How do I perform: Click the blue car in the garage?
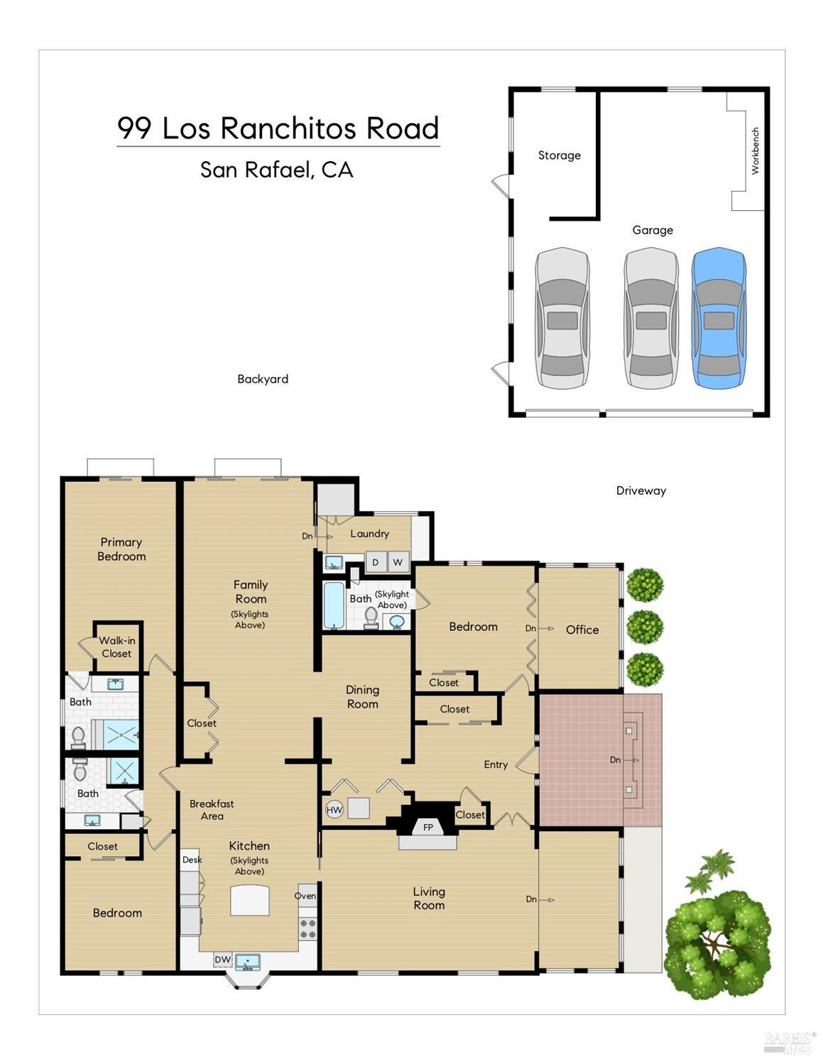click(x=719, y=318)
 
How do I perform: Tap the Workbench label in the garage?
click(x=755, y=150)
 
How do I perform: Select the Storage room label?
click(x=559, y=155)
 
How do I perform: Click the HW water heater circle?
click(x=334, y=810)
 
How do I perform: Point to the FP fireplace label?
click(x=428, y=828)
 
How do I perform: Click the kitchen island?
click(x=250, y=901)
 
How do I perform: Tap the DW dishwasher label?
click(x=222, y=960)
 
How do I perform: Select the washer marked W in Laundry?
click(x=398, y=562)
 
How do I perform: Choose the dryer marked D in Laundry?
click(x=376, y=562)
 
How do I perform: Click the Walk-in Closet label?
click(x=116, y=647)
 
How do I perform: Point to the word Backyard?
click(x=263, y=379)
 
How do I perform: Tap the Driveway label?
click(x=641, y=490)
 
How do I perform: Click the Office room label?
click(x=582, y=630)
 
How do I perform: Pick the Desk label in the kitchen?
click(x=192, y=860)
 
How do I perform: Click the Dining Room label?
click(x=362, y=696)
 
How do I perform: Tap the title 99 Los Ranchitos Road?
click(x=278, y=128)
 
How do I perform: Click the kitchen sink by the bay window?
click(x=248, y=962)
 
